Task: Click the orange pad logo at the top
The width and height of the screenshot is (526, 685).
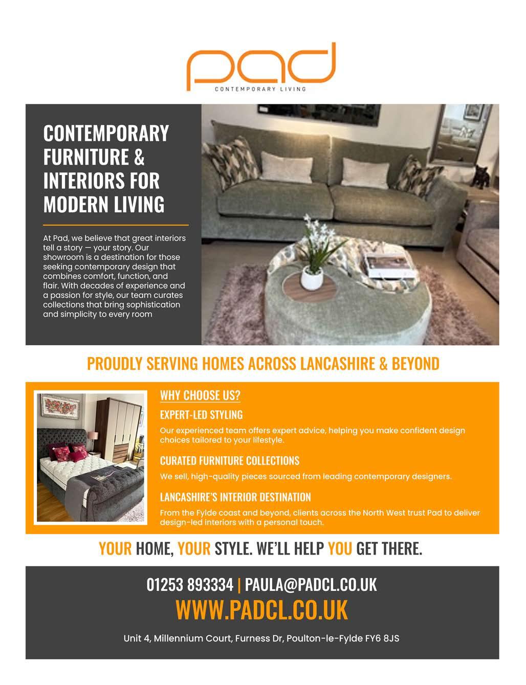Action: [x=261, y=67]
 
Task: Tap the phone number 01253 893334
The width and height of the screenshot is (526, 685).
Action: [x=190, y=584]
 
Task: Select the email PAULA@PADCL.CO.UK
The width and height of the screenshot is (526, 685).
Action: [x=311, y=584]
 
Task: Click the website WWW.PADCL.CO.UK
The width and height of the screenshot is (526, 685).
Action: [x=261, y=609]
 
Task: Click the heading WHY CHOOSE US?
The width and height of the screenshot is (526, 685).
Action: [x=200, y=395]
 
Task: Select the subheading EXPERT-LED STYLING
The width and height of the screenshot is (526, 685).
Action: [x=201, y=414]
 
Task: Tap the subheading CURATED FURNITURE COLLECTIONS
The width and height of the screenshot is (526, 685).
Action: [x=229, y=460]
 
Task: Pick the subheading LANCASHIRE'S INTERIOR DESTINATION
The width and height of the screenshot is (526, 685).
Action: [x=235, y=497]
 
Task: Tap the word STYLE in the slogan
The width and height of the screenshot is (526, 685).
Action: [x=232, y=548]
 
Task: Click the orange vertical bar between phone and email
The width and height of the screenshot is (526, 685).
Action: [x=239, y=584]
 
